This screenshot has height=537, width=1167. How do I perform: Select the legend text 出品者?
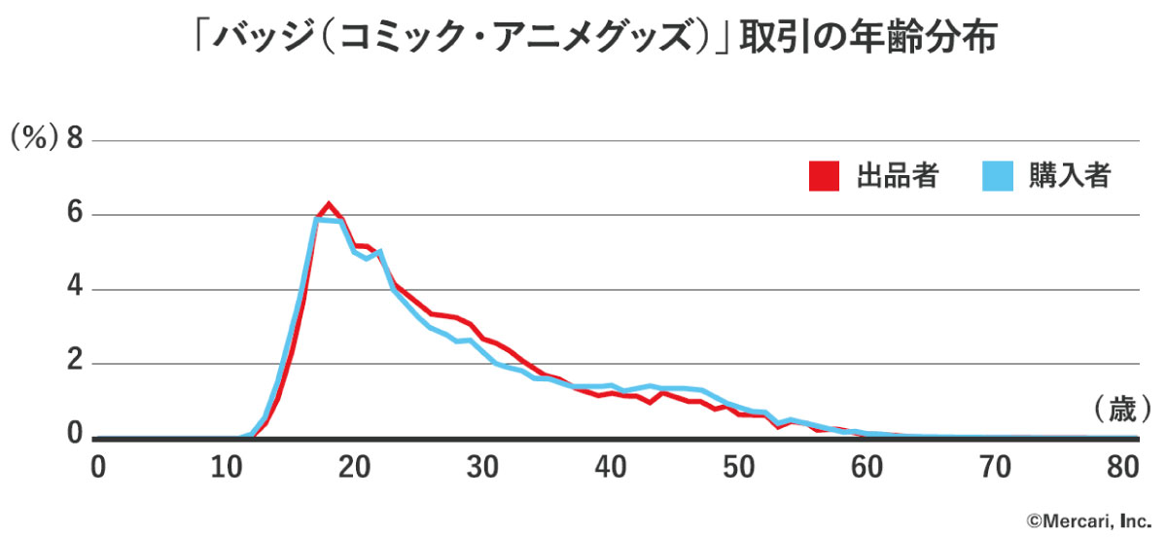[897, 176]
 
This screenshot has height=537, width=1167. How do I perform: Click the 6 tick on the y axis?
[74, 215]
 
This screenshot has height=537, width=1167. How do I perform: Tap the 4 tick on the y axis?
[74, 290]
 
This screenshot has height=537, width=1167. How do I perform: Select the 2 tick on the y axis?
[74, 365]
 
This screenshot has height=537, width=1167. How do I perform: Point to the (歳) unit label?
[1121, 409]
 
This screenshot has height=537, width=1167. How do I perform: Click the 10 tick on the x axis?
[226, 467]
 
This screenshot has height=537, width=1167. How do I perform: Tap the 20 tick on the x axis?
[354, 467]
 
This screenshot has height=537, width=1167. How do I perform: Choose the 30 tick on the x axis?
[482, 467]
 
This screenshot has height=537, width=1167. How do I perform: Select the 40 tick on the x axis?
[611, 467]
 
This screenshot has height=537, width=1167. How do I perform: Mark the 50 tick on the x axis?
[739, 467]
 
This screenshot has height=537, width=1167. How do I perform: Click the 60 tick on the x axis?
[867, 467]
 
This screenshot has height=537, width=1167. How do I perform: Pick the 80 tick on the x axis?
[1123, 467]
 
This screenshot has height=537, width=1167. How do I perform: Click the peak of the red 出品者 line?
[329, 204]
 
